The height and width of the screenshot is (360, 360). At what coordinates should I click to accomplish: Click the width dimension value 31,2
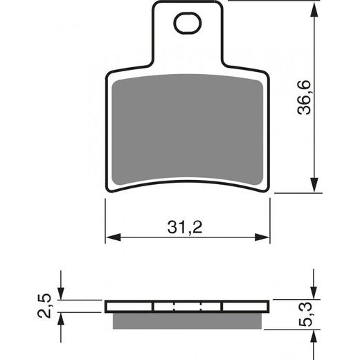187,226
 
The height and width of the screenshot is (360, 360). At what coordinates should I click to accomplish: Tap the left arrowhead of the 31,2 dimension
111,237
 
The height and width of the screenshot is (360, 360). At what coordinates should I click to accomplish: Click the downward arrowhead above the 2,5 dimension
62,295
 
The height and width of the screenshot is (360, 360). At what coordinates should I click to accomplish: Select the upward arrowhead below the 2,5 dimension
62,318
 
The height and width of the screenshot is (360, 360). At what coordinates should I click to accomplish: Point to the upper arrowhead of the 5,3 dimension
315,295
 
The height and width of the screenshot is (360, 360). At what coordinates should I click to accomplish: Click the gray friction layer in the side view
187,318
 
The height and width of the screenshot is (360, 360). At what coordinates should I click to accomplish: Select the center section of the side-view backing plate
187,307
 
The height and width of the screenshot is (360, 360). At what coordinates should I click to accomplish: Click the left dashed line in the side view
174,307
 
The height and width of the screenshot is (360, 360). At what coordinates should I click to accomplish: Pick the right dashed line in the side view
201,307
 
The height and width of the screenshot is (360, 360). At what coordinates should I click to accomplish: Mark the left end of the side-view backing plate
109,307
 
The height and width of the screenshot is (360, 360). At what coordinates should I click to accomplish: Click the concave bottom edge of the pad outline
187,182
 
